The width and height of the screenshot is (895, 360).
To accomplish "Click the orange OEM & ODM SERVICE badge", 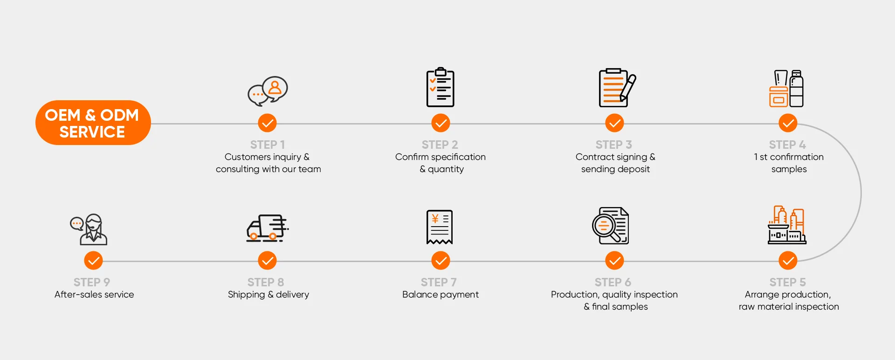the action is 93,123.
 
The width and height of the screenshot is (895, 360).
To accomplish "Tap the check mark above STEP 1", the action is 267,123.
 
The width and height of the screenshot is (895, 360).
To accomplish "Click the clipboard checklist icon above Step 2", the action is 441,88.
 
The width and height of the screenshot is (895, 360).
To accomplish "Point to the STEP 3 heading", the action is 613,145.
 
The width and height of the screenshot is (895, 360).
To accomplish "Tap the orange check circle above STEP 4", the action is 788,123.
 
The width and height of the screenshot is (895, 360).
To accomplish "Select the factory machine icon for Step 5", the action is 787,225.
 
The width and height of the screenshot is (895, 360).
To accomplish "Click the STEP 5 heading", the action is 787,282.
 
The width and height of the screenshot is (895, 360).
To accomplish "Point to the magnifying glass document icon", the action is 611,226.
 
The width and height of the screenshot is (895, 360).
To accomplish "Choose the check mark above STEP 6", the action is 614,261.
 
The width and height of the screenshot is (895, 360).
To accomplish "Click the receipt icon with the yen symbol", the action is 440,227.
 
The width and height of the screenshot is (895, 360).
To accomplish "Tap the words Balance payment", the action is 441,294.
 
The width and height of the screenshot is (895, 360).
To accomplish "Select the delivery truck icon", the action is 267,228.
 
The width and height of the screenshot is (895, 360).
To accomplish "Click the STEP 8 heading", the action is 266,282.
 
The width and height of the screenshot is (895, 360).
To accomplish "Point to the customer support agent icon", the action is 89,229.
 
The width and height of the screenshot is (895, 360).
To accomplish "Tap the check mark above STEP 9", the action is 93,261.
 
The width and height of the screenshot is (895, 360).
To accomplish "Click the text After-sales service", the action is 94,294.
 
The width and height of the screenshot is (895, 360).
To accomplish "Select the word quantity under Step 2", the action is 446,169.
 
